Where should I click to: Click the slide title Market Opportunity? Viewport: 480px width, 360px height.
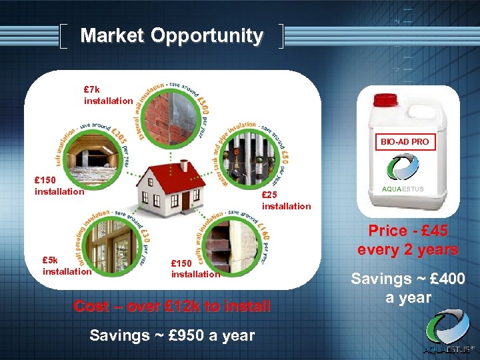point(171,36)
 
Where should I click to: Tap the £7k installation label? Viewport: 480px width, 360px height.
point(108,95)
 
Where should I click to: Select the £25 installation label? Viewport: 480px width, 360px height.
point(286,201)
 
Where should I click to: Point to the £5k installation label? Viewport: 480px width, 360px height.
point(67,266)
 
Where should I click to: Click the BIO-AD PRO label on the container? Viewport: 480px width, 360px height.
point(405,142)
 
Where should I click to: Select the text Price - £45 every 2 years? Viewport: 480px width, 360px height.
point(408,240)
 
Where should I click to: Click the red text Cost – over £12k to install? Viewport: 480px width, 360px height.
point(172,307)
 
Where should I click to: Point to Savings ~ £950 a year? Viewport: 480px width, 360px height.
point(172,335)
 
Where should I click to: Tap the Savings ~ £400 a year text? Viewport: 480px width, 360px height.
point(408,288)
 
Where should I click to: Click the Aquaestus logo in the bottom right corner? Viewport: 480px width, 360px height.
point(448,333)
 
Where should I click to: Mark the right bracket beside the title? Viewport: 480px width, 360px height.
point(281,37)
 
